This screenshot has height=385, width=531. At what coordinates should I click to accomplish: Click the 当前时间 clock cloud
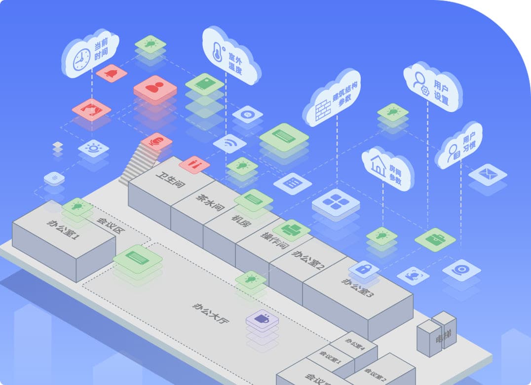pos(91,53)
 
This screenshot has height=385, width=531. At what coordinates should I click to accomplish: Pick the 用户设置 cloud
pos(433,87)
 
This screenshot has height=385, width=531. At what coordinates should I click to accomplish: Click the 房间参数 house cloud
pos(387,168)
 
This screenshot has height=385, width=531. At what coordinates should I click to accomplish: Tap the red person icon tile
pos(155,88)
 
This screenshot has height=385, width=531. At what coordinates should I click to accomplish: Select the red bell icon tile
pos(112,74)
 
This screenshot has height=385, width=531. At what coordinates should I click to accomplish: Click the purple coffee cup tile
pos(262,319)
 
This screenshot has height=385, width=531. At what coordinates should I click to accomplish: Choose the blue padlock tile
pos(364,269)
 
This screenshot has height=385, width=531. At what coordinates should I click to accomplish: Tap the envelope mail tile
pos(488,174)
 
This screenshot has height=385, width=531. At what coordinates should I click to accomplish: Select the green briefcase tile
pos(435,239)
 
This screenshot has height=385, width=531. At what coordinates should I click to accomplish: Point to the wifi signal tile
pos(230,144)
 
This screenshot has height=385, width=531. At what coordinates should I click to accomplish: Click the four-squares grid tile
pos(336,202)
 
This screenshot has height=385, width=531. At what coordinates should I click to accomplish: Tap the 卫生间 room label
pos(170,180)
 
